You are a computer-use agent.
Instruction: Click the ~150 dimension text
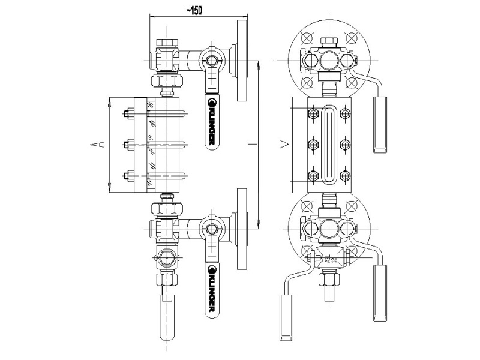(193, 11)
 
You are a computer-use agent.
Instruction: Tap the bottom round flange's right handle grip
(381, 293)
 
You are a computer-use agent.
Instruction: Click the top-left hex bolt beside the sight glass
(312, 113)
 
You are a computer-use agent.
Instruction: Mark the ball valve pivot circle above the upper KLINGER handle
(211, 61)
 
